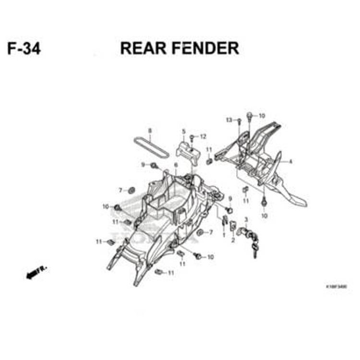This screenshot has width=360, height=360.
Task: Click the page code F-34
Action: coord(24,48)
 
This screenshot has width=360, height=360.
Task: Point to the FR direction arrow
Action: coord(35,274)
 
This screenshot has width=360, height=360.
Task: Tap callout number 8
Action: coord(150,131)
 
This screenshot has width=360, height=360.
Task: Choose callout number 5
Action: coord(183,131)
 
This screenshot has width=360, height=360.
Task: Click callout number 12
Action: coord(203,137)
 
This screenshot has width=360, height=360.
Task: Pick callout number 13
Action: coord(229,120)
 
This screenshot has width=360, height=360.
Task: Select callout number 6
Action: coord(176,165)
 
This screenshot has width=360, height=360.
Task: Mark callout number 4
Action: coord(290,162)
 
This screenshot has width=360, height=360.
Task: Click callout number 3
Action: coord(246,219)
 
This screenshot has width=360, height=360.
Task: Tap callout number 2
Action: coord(233,240)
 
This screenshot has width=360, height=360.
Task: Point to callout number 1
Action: coord(223,235)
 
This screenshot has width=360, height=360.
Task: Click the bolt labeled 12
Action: coord(192,138)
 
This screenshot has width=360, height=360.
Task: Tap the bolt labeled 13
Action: coord(239,121)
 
